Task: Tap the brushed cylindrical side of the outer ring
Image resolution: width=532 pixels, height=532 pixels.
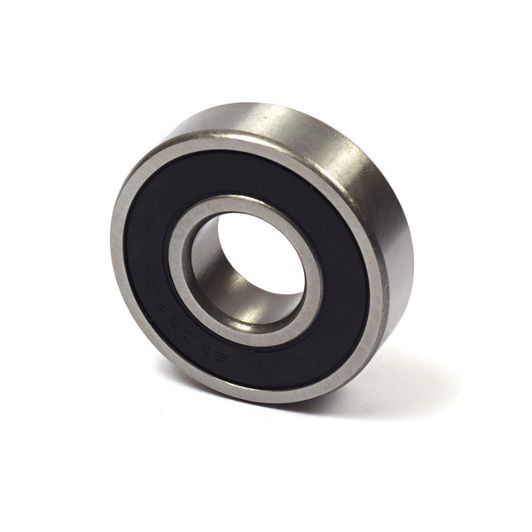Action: (372, 177)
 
